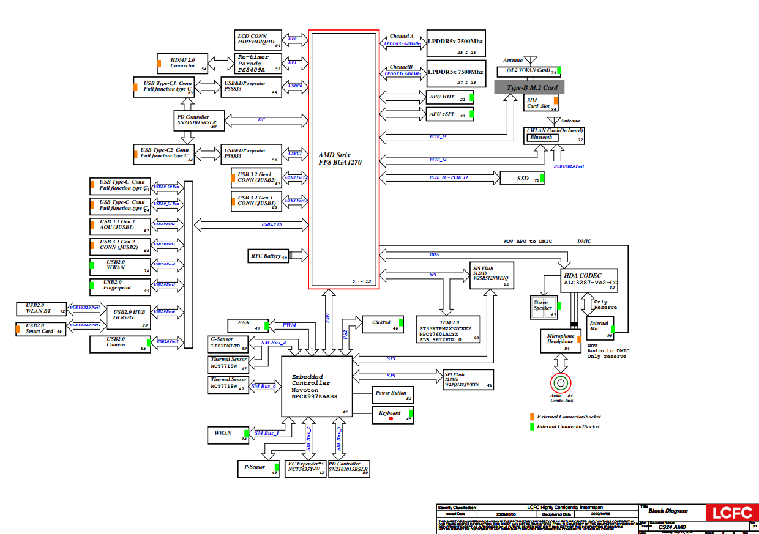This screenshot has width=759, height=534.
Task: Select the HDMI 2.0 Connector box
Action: point(182,63)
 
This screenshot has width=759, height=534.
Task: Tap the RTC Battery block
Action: point(268,256)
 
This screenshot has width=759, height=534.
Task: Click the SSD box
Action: point(522,179)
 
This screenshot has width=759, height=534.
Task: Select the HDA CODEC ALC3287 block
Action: point(589,280)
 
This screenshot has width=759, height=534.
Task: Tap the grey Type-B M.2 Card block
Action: point(530,87)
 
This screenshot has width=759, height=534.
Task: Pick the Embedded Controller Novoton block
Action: point(317,386)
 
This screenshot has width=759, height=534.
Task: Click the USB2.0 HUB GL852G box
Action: point(129,316)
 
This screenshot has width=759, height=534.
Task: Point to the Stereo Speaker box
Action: point(544,306)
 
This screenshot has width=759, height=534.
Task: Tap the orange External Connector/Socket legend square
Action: point(532,417)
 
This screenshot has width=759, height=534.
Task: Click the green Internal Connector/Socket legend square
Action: point(532,426)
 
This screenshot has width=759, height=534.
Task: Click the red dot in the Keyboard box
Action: point(391,419)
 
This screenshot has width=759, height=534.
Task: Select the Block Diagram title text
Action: point(668,510)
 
